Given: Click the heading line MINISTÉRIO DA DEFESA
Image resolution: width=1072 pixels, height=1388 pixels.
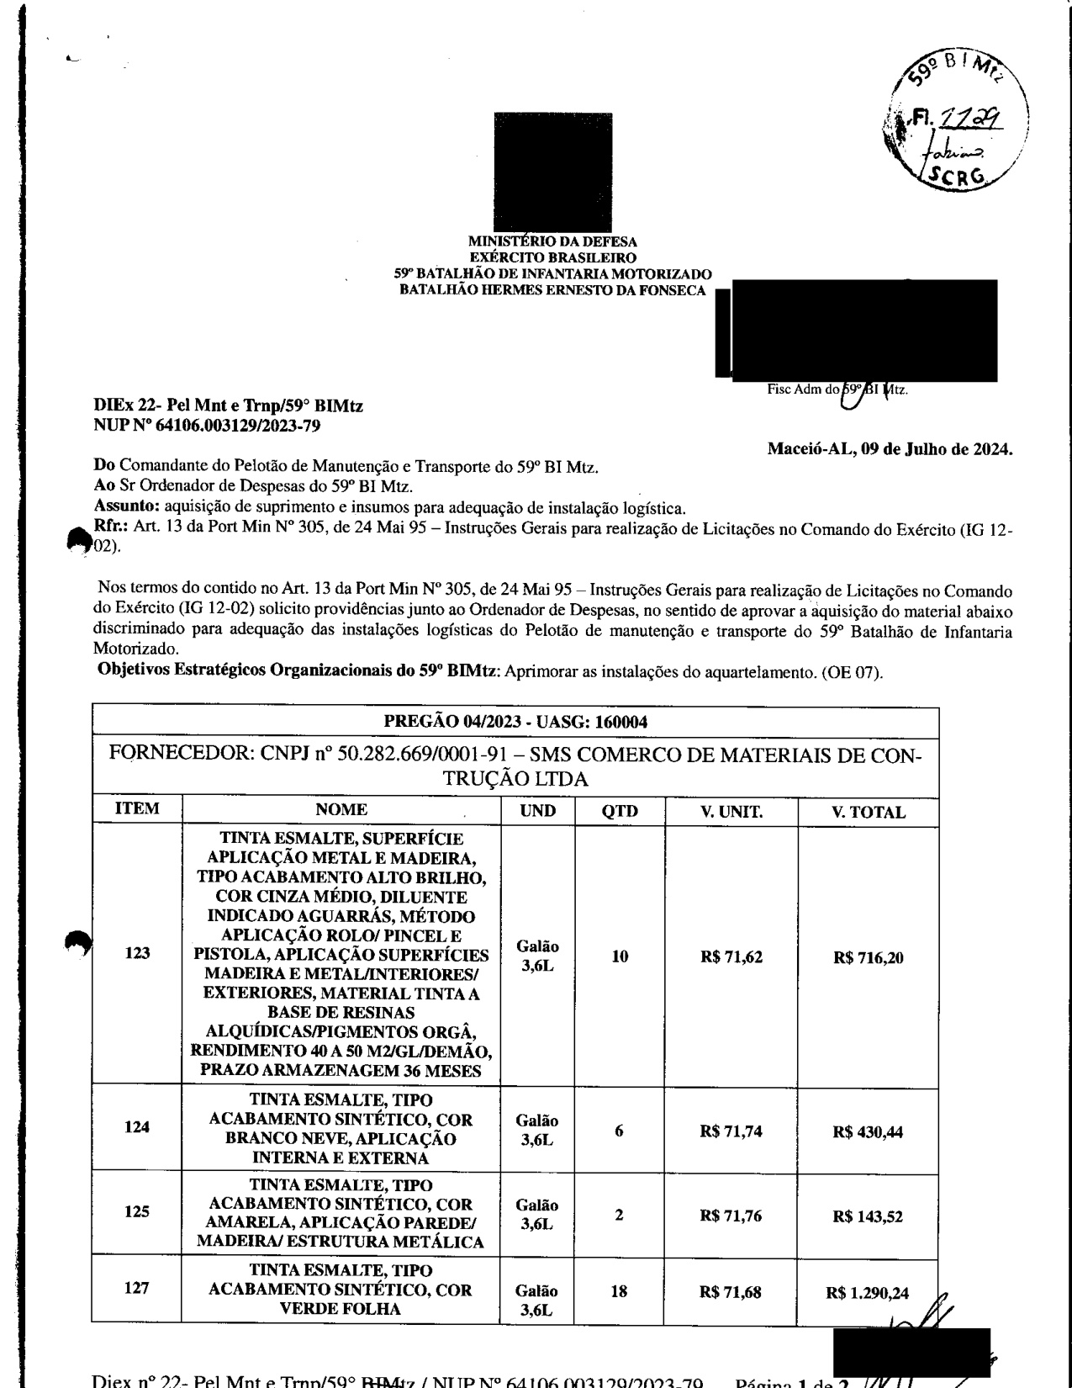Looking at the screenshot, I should pyautogui.click(x=552, y=243).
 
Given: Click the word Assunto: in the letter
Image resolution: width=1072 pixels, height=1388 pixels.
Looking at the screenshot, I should pyautogui.click(x=127, y=506).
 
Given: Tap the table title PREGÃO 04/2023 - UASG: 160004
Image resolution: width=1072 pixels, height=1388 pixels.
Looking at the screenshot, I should pyautogui.click(x=515, y=723).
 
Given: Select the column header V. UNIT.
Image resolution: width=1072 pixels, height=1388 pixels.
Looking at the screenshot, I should pyautogui.click(x=731, y=812).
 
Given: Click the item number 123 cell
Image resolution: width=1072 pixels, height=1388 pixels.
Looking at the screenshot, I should pyautogui.click(x=137, y=953).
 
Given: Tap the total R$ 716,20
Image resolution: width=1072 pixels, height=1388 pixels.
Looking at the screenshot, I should pyautogui.click(x=868, y=957).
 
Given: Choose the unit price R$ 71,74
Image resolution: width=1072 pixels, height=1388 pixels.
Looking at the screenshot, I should pyautogui.click(x=731, y=1131).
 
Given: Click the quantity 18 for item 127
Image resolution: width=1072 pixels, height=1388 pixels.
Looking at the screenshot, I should pyautogui.click(x=619, y=1291).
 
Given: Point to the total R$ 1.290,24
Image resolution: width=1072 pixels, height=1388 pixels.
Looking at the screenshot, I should pyautogui.click(x=870, y=1293).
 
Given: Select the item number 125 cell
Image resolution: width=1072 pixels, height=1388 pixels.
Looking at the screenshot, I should pyautogui.click(x=137, y=1212).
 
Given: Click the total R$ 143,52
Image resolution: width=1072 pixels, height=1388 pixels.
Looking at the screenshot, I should pyautogui.click(x=868, y=1217).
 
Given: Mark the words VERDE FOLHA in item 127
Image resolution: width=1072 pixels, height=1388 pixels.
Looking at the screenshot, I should pyautogui.click(x=341, y=1308).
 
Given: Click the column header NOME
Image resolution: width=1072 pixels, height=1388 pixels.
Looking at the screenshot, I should pyautogui.click(x=341, y=809).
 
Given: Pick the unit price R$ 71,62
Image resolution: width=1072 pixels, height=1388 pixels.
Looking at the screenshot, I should pyautogui.click(x=731, y=956).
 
